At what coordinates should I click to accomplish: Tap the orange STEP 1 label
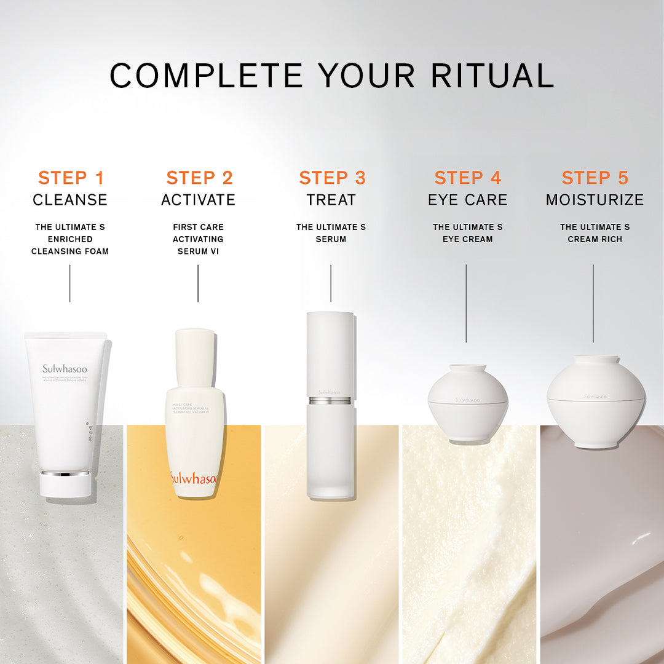71,178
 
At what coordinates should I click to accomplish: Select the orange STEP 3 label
332,178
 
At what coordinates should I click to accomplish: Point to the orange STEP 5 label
595,178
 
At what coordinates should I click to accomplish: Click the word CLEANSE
70,200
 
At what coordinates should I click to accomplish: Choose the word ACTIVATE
198,200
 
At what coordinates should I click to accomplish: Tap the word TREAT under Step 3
331,200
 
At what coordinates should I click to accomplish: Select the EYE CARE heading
467,200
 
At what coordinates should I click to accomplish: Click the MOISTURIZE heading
595,200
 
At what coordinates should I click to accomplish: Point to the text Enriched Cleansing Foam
70,245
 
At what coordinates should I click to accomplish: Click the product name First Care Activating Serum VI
198,239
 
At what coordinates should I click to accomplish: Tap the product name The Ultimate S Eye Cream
467,233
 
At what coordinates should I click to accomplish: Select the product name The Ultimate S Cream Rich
595,233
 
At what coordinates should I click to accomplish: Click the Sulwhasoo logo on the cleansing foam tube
65,369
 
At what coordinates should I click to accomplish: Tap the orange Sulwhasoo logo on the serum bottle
193,478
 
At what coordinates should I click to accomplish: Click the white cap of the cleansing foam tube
66,484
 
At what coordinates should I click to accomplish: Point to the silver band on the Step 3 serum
330,401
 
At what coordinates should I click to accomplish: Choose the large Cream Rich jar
595,401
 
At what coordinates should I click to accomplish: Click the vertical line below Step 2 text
198,283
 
